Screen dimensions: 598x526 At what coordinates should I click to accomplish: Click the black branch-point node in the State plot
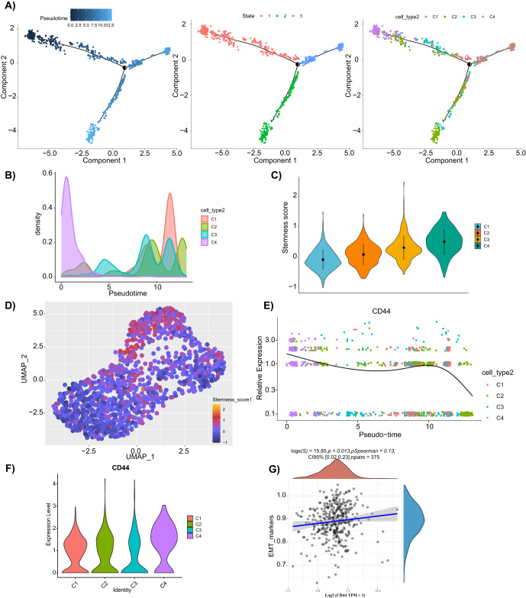click(x=297, y=67)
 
